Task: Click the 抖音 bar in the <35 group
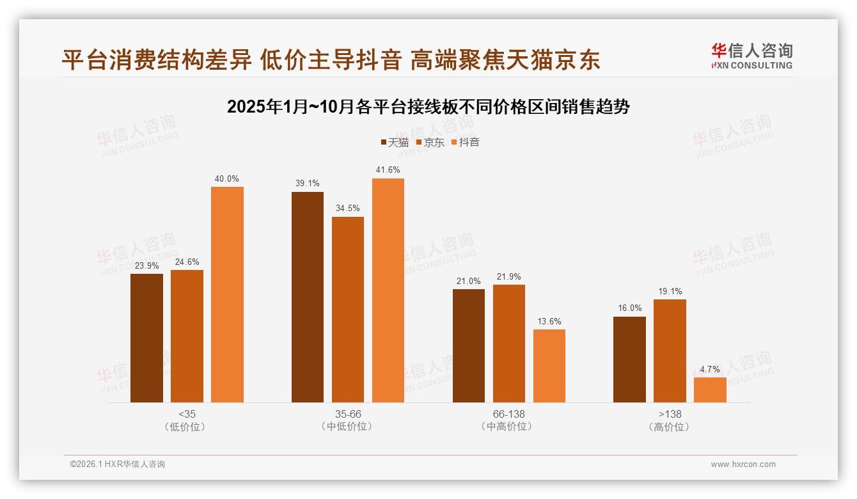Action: [x=227, y=294]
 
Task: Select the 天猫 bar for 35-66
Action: [x=308, y=297]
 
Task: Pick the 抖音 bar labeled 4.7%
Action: [x=710, y=390]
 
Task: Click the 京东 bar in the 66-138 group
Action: [x=508, y=344]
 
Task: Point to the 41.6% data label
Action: [x=388, y=170]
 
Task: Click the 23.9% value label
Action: [x=146, y=265]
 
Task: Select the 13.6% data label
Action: [x=549, y=321]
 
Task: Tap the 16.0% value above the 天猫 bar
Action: [x=629, y=308]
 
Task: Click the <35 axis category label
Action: [x=187, y=414]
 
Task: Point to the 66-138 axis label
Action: [x=508, y=414]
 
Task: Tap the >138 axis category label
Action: [x=670, y=414]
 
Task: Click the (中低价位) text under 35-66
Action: [x=347, y=427]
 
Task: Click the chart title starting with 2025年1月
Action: [x=428, y=107]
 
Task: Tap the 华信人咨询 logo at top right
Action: [x=751, y=56]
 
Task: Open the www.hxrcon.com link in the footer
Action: [x=743, y=464]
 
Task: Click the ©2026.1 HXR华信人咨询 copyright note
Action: [x=118, y=464]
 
